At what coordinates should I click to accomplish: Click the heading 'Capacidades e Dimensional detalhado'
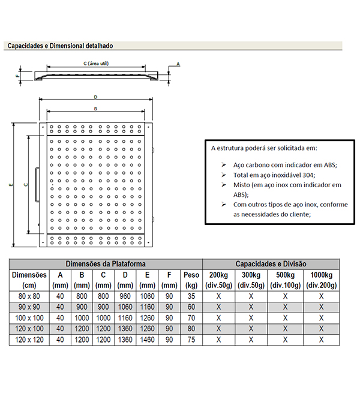pos(60,46)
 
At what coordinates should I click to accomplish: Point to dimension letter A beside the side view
pos(178,63)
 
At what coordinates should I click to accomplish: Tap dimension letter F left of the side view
pos(18,76)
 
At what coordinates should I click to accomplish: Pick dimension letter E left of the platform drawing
pos(11,185)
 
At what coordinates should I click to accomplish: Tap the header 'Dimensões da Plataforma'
pos(105,263)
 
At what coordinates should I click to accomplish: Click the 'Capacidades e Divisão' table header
pos(271,263)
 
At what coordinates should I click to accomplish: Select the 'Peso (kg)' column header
pos(191,280)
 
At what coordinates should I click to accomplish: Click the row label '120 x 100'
pos(29,328)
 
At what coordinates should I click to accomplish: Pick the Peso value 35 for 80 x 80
pos(191,296)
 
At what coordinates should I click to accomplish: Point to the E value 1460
pos(148,339)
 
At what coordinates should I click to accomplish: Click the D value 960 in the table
pos(125,296)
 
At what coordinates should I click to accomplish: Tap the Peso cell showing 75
pos(191,339)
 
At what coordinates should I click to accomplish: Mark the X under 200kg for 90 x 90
pos(219,307)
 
